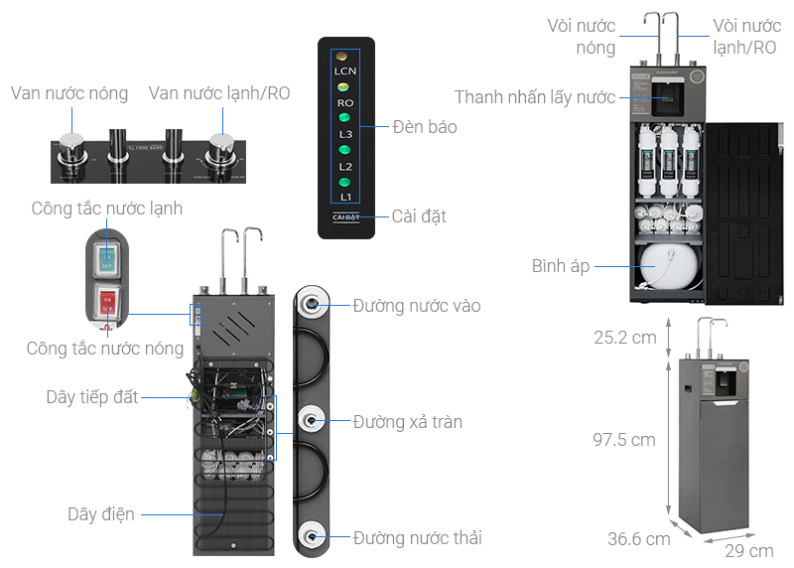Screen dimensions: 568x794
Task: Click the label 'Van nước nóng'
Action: pos(69,93)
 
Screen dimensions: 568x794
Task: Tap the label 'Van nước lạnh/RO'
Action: pos(219,93)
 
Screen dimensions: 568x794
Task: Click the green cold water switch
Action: pos(105,260)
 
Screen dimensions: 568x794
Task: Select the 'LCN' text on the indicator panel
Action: pos(344,71)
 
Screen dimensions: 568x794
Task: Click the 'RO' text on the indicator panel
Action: pos(344,102)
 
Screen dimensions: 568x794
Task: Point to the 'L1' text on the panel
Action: pos(344,198)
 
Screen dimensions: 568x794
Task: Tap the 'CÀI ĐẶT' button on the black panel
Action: pos(345,217)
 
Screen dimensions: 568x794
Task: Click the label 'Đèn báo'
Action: pos(425,126)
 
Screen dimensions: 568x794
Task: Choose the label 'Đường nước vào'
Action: pos(417,306)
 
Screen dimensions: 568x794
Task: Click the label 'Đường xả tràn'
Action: pos(408,422)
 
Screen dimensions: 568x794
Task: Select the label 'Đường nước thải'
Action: pos(418,538)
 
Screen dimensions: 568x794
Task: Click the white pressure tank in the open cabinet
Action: pos(668,266)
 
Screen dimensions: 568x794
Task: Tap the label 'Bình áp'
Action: pos(561,266)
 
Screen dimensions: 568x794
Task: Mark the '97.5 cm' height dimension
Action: pos(625,440)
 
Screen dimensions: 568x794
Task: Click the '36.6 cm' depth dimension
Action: pos(638,539)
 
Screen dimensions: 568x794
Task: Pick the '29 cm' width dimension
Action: pos(749,550)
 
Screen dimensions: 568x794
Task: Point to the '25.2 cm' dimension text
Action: pos(625,338)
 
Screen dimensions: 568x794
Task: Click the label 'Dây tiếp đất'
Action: pos(92,397)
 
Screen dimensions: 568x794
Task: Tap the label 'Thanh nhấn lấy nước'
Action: pos(535,97)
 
